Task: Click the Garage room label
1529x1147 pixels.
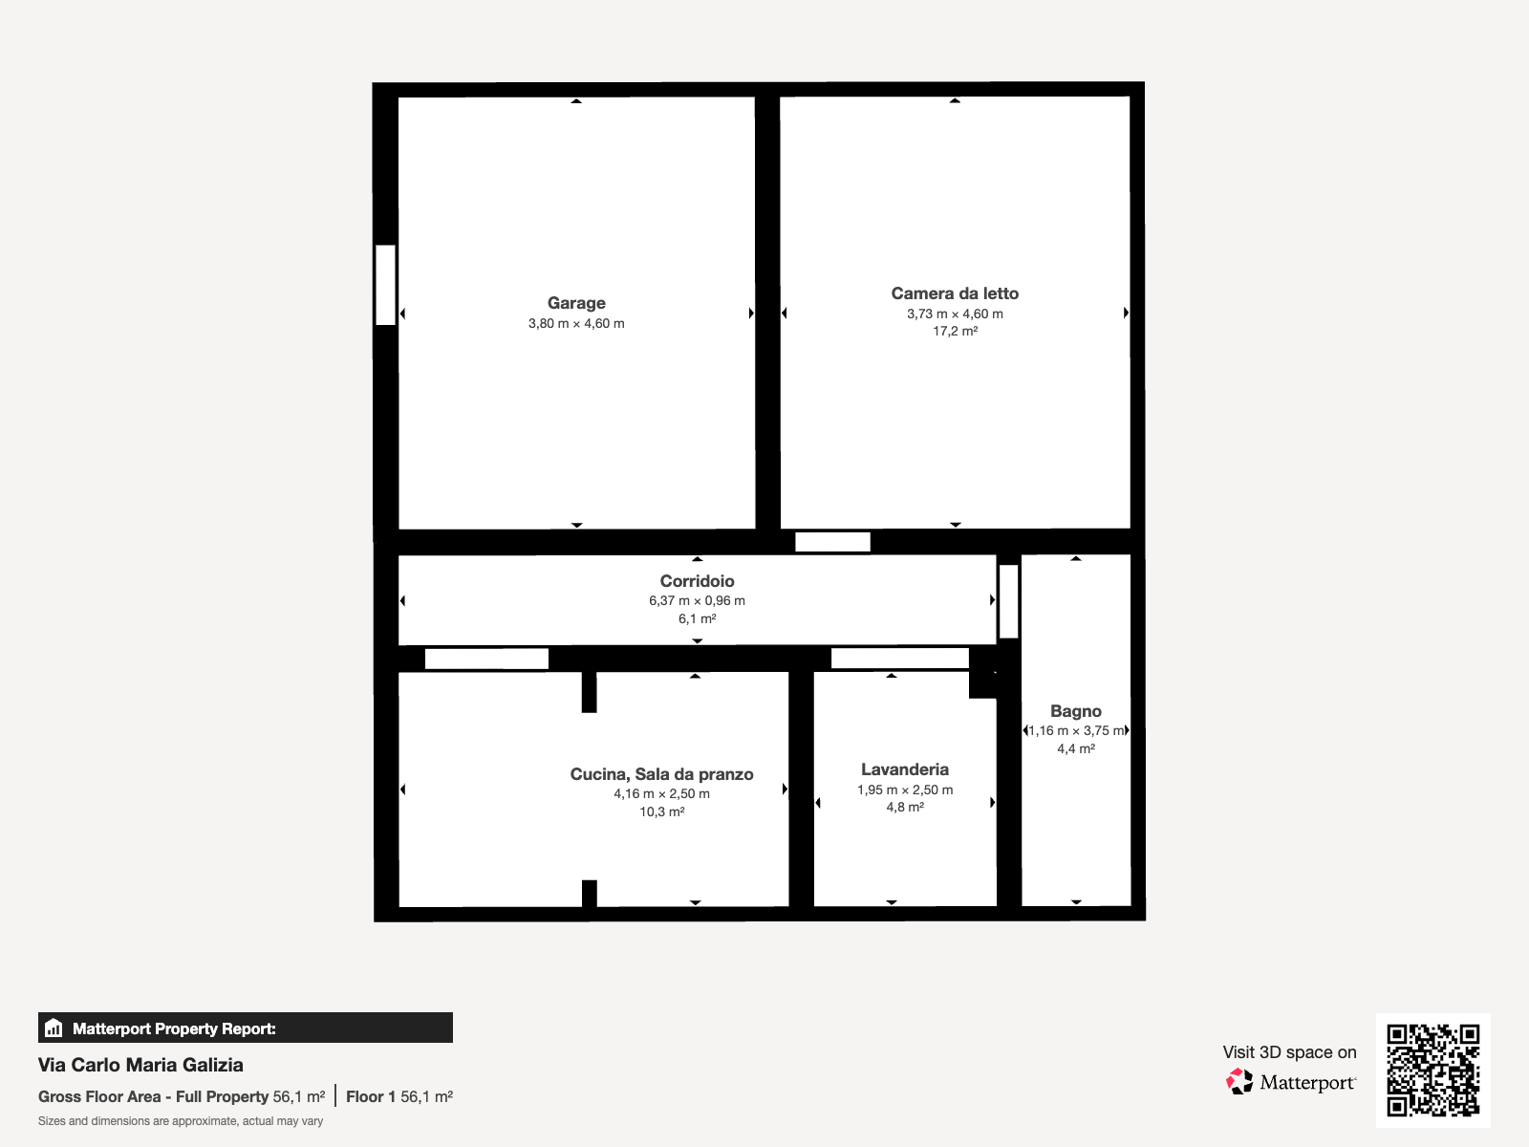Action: pyautogui.click(x=576, y=303)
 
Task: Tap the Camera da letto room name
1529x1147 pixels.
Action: pyautogui.click(x=955, y=293)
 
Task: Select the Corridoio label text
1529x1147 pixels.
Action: pyautogui.click(x=697, y=581)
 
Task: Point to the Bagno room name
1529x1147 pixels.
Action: pyautogui.click(x=1075, y=711)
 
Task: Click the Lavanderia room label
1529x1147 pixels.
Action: pyautogui.click(x=905, y=769)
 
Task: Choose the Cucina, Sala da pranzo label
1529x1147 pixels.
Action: pyautogui.click(x=661, y=774)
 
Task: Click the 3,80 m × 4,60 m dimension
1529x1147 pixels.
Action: pyautogui.click(x=576, y=324)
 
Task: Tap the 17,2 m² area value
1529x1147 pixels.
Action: pyautogui.click(x=955, y=332)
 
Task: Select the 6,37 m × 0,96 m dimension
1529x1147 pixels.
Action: pyautogui.click(x=697, y=601)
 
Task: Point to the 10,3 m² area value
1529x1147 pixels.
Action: pyautogui.click(x=661, y=812)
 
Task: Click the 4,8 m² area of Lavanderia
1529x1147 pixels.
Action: pyautogui.click(x=905, y=807)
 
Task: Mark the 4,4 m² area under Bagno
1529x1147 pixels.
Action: pyautogui.click(x=1075, y=748)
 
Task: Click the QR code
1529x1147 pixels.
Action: pyautogui.click(x=1432, y=1071)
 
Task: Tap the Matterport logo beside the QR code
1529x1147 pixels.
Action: pyautogui.click(x=1290, y=1082)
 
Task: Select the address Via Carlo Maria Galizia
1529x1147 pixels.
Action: pyautogui.click(x=140, y=1065)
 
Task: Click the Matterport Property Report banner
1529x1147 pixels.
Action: pyautogui.click(x=246, y=1028)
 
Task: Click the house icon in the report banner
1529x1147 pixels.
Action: pyautogui.click(x=54, y=1028)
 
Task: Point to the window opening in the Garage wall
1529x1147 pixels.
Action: pyautogui.click(x=385, y=285)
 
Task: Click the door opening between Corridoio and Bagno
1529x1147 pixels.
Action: pyautogui.click(x=1008, y=602)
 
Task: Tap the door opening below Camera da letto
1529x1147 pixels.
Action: pyautogui.click(x=832, y=542)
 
